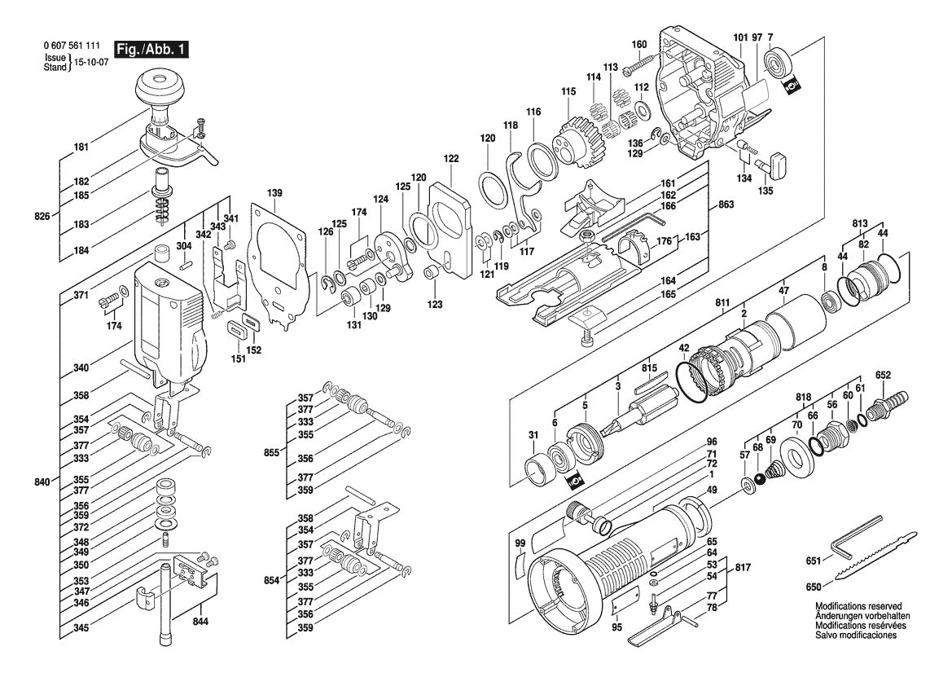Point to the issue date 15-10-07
[91, 63]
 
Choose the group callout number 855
[271, 452]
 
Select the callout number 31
[533, 435]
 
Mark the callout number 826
[42, 216]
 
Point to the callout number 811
[722, 302]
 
